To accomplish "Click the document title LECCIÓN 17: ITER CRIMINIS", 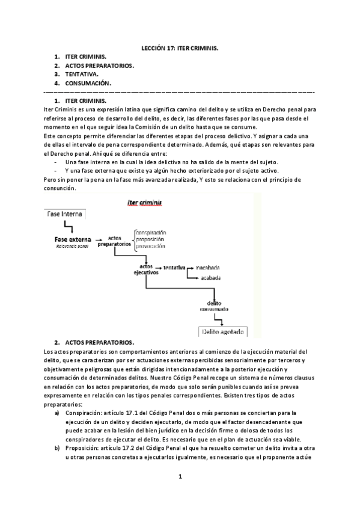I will click(180, 45).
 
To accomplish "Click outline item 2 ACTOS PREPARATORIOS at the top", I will click(99, 65).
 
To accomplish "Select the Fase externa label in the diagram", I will click(73, 239).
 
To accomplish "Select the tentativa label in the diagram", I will click(174, 266).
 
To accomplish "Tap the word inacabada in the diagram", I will click(207, 266).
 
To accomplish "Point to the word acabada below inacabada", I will click(211, 278).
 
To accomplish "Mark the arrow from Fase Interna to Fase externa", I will click(69, 227).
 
